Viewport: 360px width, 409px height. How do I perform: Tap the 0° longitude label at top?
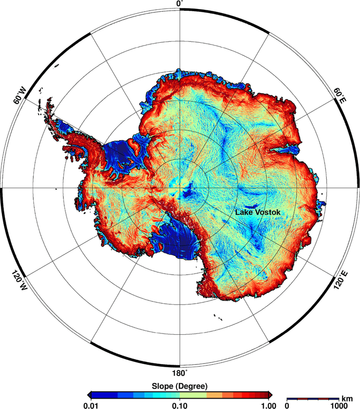pos(180,4)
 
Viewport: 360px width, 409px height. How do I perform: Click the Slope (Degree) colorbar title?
pos(180,386)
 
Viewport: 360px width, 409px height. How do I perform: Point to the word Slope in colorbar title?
pos(163,386)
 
